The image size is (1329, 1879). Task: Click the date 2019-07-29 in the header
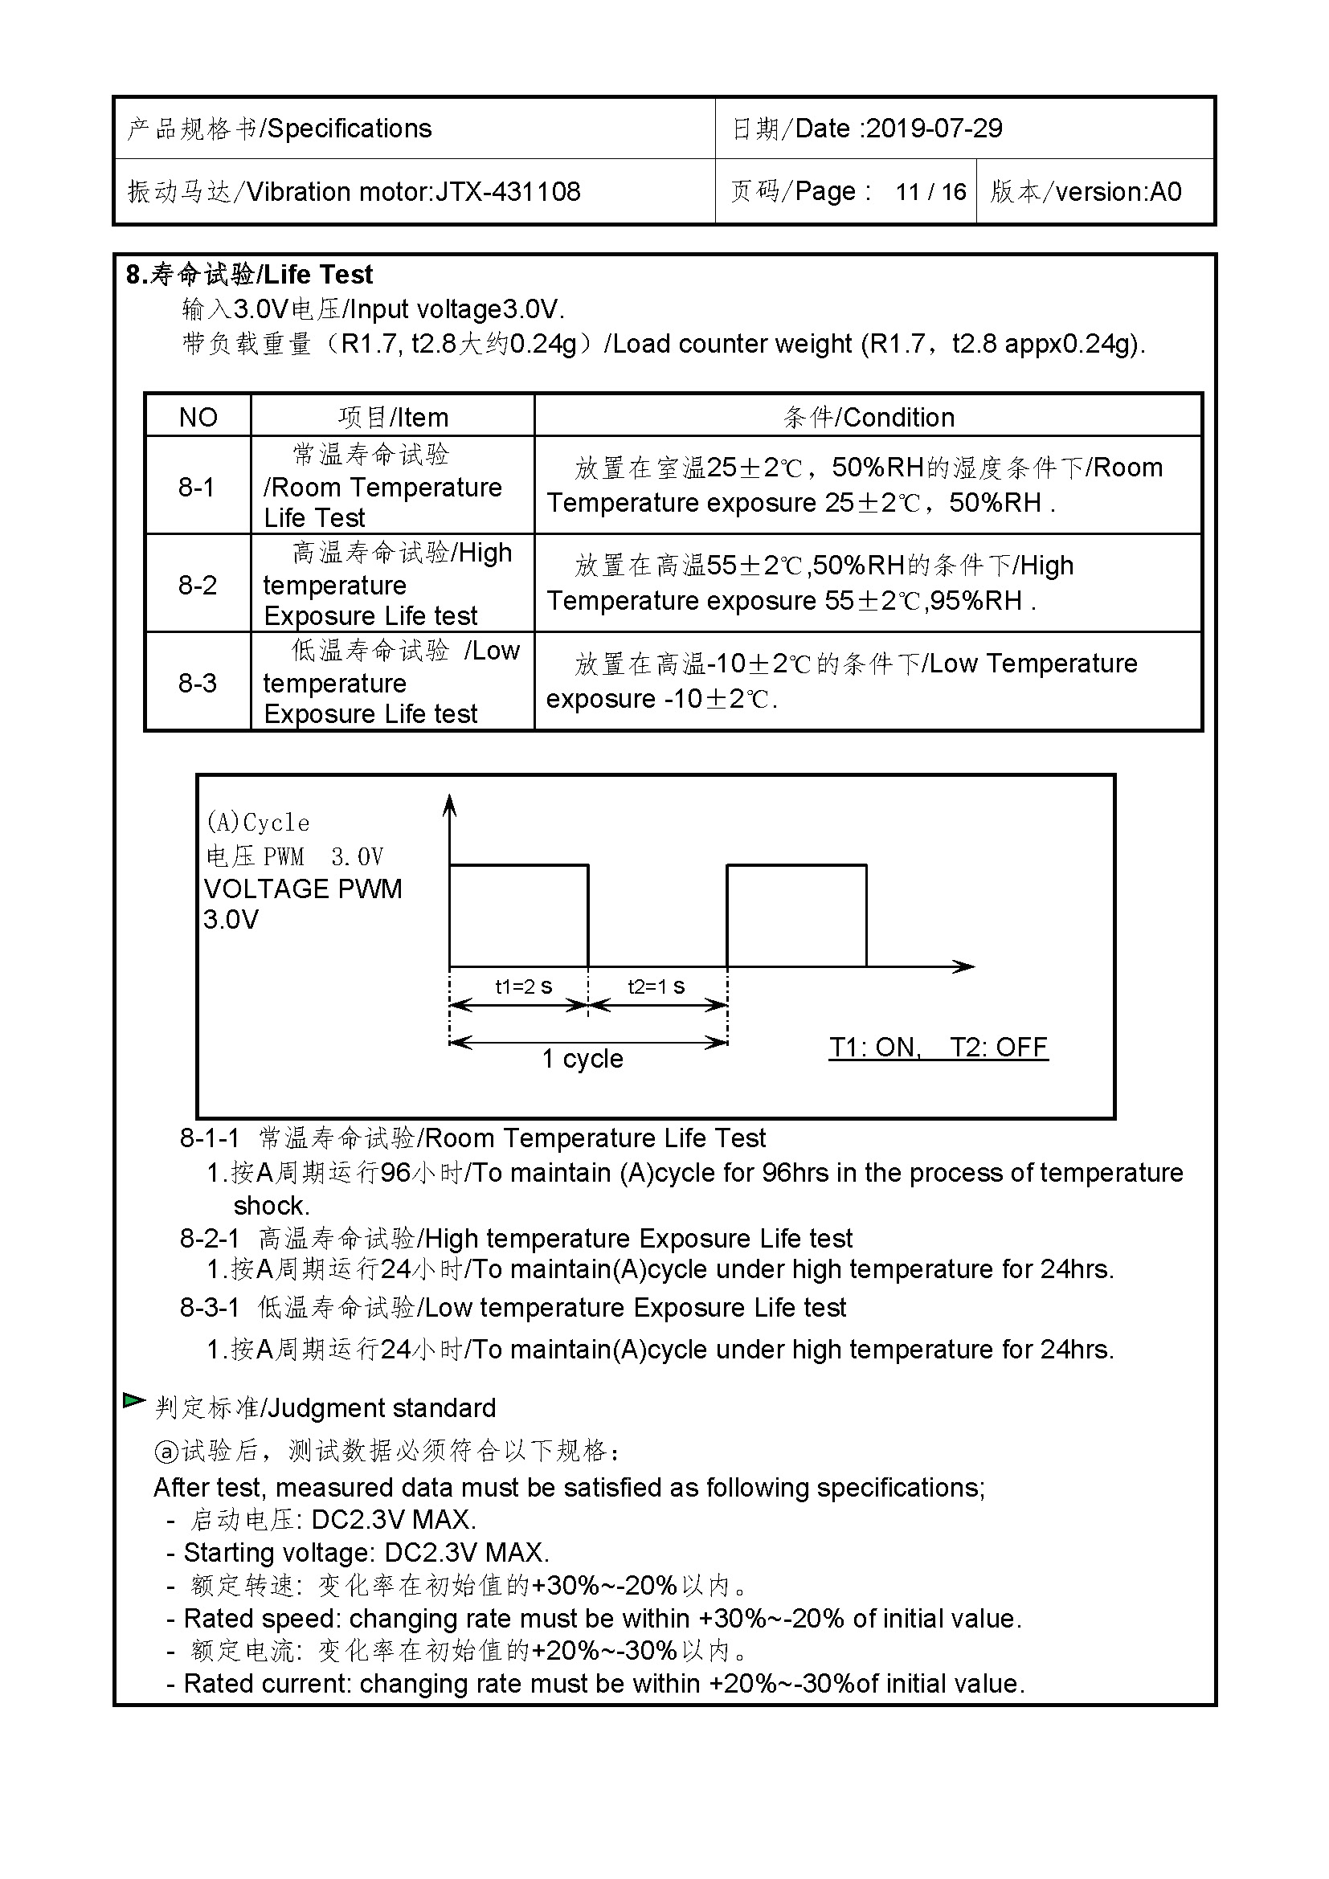click(934, 129)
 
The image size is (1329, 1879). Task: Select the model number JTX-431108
click(507, 191)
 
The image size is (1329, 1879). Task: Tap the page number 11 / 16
click(930, 192)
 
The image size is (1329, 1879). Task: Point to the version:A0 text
click(1118, 192)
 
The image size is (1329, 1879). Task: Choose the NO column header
click(198, 418)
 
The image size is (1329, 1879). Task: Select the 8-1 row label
click(196, 487)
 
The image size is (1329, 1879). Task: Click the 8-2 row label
click(197, 585)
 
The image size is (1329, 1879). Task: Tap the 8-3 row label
click(197, 683)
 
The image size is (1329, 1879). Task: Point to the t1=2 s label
click(524, 987)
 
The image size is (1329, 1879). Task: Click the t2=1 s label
click(656, 987)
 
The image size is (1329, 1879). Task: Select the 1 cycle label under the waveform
click(582, 1059)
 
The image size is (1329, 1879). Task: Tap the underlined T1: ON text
click(875, 1048)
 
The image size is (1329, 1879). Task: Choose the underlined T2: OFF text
click(999, 1048)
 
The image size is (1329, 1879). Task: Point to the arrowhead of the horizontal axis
click(966, 966)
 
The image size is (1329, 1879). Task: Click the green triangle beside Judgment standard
click(133, 1400)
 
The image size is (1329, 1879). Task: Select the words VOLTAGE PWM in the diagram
click(303, 888)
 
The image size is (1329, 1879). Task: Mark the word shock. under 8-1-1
click(272, 1206)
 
